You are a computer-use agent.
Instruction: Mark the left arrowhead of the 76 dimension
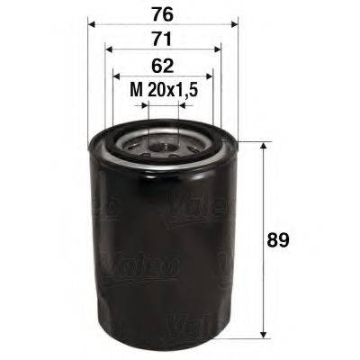click(x=94, y=25)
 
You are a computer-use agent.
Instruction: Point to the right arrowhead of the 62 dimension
click(x=211, y=77)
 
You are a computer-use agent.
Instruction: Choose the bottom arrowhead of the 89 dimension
click(x=263, y=330)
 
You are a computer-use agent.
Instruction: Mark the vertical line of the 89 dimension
click(x=263, y=207)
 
